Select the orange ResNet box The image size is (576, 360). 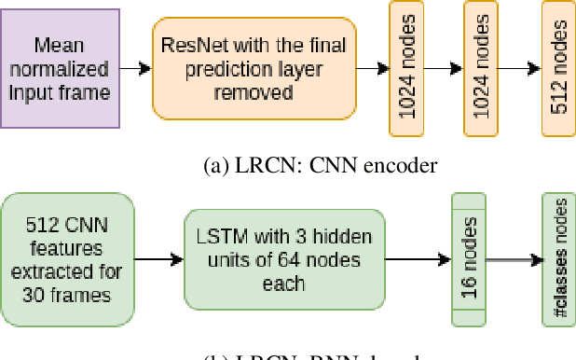[254, 68]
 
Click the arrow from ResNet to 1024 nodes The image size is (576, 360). [373, 68]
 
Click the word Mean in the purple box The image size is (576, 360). [58, 45]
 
